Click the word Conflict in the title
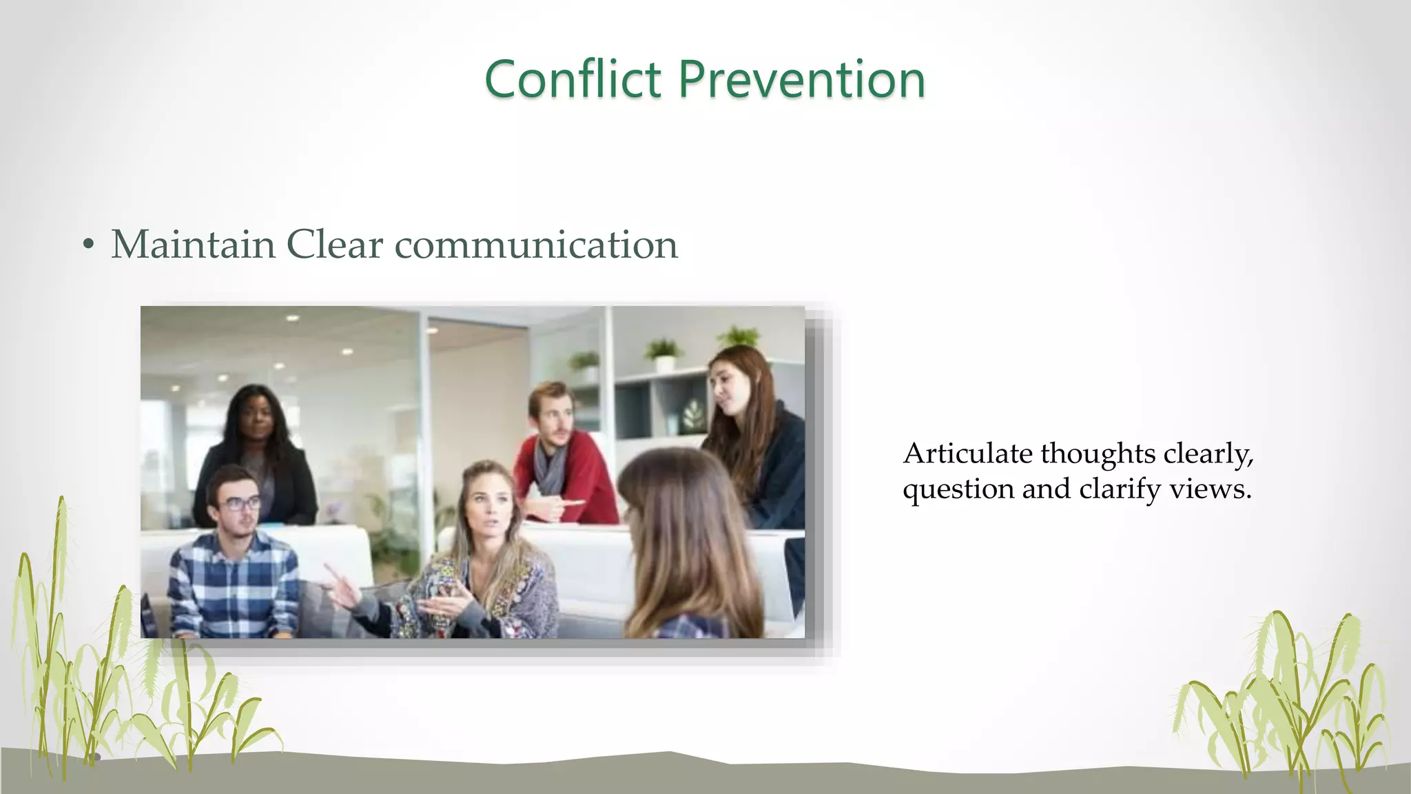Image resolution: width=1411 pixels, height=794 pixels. (573, 79)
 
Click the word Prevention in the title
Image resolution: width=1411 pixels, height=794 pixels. (801, 79)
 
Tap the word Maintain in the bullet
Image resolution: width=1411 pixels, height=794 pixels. (193, 245)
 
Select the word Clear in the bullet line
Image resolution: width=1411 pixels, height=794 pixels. (334, 245)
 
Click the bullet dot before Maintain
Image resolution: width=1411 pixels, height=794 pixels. (87, 245)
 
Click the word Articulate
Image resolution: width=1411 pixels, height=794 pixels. (967, 454)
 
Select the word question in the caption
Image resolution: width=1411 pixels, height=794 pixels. (958, 490)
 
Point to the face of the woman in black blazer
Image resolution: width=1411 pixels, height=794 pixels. (256, 420)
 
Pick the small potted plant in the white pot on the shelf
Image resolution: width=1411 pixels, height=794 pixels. (663, 356)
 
